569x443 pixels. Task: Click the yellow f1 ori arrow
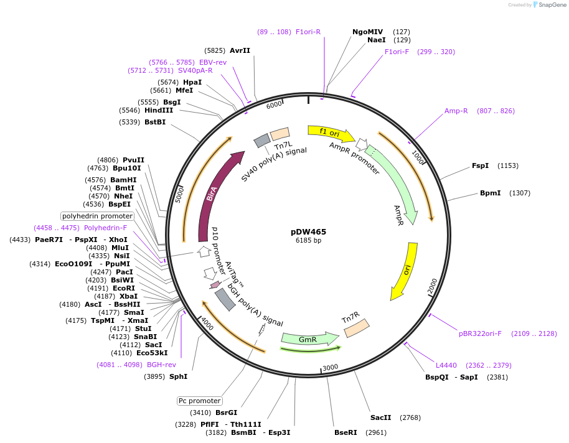tap(330, 133)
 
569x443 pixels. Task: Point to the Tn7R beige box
tap(356, 327)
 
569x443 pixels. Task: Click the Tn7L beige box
tap(280, 134)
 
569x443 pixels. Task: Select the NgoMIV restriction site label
tap(368, 31)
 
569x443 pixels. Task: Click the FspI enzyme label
tap(480, 166)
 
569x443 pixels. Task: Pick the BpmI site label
tap(490, 193)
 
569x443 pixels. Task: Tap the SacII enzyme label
tap(380, 417)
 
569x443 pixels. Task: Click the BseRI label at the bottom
tap(346, 432)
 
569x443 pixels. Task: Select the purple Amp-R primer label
tap(456, 111)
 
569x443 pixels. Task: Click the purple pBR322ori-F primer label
tap(480, 333)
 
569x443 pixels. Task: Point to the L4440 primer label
tap(446, 365)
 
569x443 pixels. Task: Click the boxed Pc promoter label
tap(199, 401)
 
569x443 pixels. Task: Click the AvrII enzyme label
tap(240, 50)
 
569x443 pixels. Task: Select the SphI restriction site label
tap(178, 376)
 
